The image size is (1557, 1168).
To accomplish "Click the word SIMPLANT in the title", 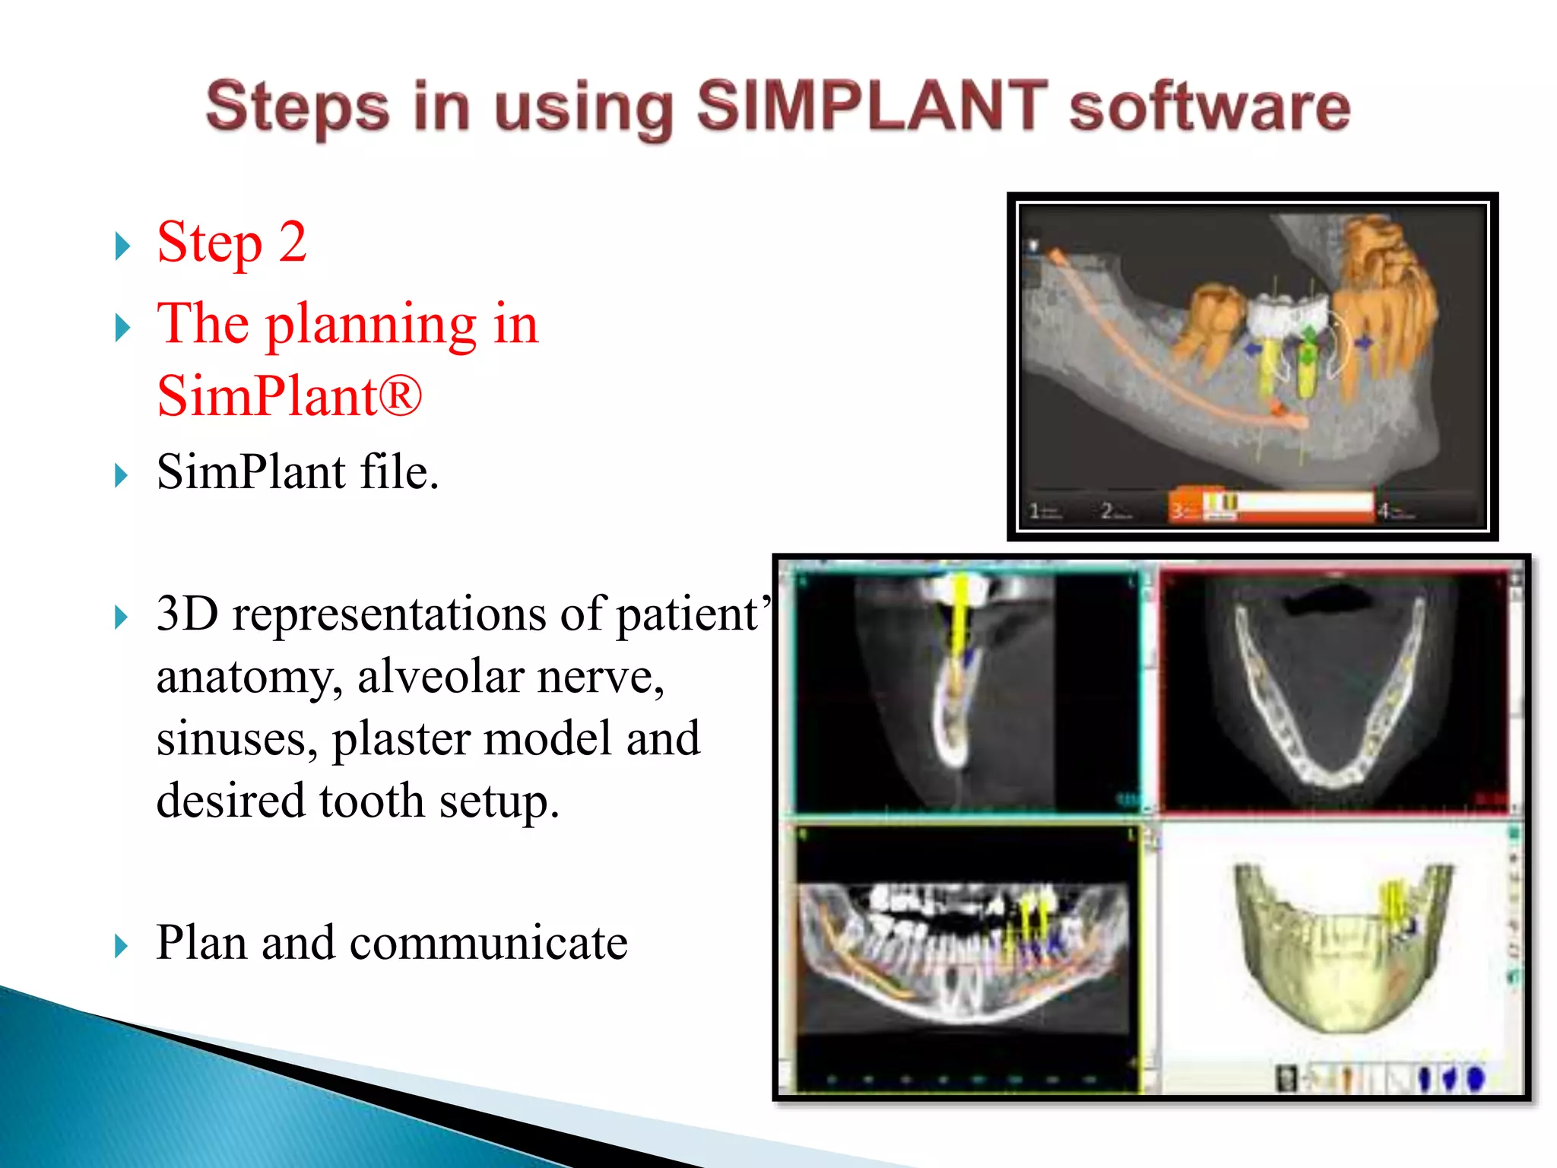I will click(x=871, y=106).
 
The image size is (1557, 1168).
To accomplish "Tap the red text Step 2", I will click(x=231, y=243).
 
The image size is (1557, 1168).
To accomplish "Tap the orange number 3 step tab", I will click(x=1178, y=510).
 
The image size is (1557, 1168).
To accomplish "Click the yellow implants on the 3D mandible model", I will click(x=1394, y=905).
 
